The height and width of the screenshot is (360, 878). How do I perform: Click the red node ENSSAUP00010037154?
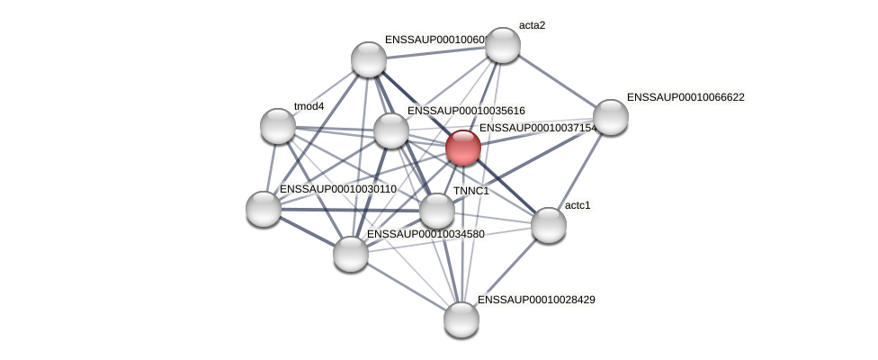463,148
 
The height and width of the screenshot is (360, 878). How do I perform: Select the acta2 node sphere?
503,45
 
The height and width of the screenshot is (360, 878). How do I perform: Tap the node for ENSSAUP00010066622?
610,117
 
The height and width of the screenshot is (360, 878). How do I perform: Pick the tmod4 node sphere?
278,126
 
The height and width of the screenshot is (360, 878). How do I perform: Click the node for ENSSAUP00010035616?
391,130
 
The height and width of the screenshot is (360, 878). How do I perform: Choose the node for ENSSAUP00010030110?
264,209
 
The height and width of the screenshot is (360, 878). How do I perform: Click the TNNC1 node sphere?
437,211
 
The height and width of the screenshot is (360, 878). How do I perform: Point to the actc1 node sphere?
549,225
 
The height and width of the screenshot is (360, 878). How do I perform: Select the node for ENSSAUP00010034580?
351,254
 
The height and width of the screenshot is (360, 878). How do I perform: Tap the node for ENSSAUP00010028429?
461,319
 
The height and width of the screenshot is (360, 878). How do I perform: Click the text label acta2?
532,25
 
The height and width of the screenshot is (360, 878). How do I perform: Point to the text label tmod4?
309,106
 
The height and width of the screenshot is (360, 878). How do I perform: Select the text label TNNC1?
470,191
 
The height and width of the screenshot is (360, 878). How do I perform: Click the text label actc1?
578,205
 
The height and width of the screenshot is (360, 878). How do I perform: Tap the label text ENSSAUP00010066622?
685,97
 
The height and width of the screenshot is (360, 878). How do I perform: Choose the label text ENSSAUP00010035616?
466,111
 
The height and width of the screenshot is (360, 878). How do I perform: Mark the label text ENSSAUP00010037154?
537,129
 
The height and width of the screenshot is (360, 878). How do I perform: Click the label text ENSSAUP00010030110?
338,189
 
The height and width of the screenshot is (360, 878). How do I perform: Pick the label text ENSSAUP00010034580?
426,234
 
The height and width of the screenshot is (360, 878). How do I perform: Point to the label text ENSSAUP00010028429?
536,300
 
